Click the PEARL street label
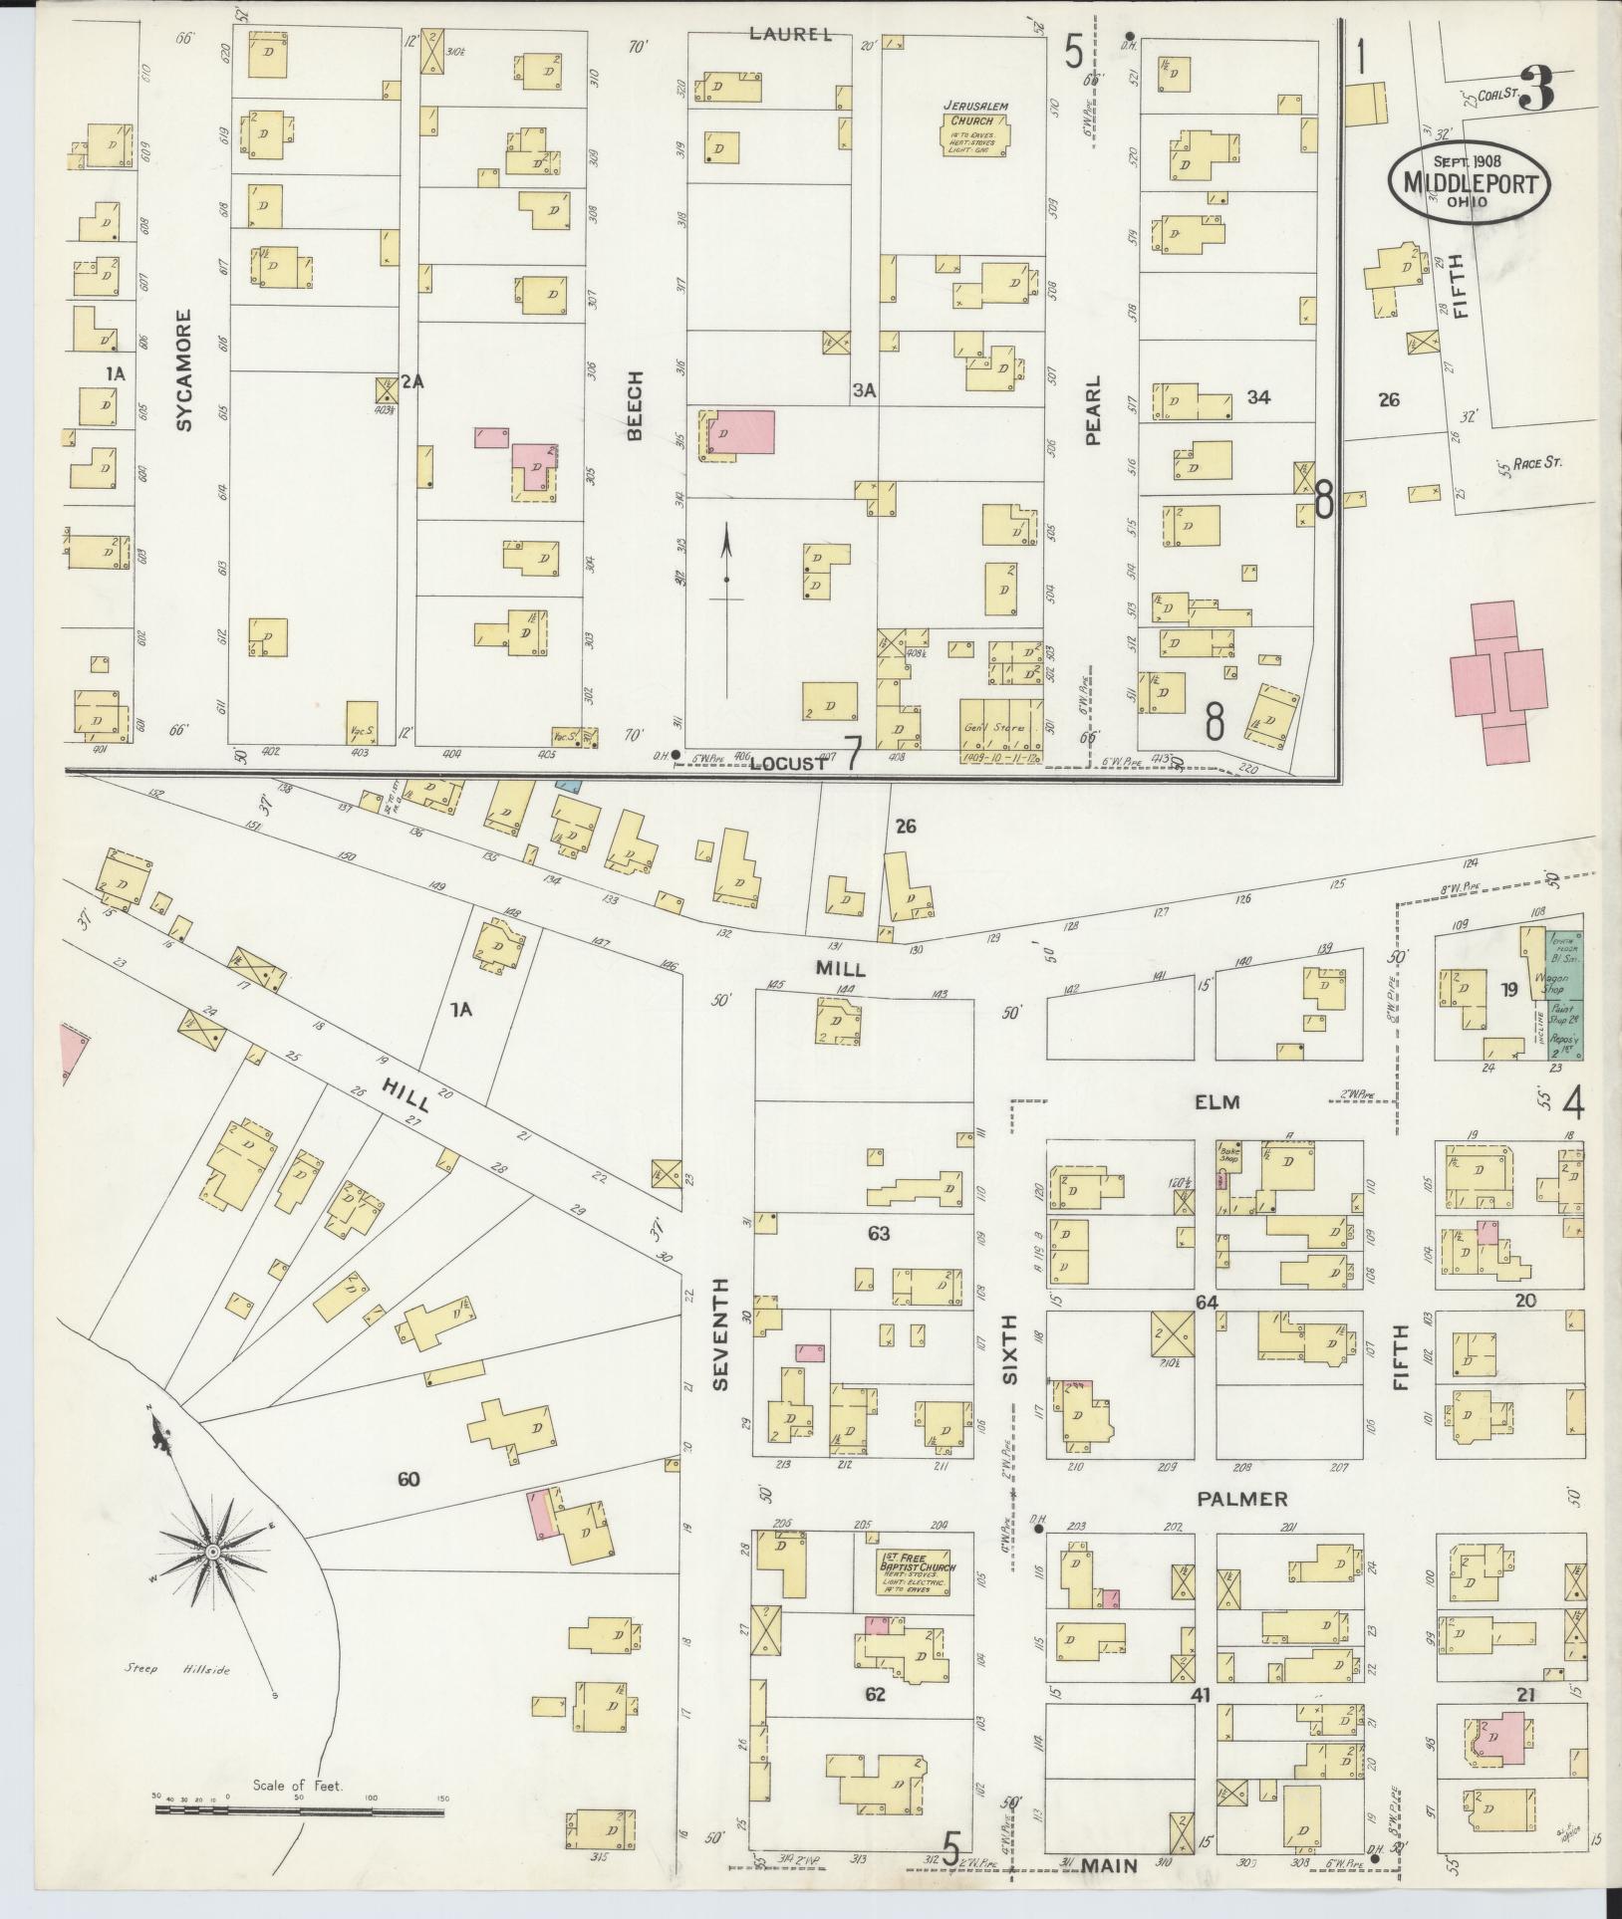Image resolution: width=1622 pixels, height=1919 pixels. (1093, 409)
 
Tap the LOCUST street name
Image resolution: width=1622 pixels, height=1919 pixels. (788, 764)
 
